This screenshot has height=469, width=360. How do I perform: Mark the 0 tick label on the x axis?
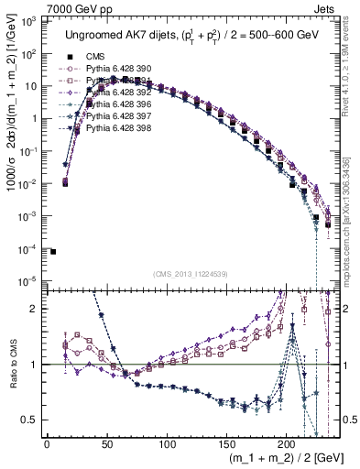pos(47,443)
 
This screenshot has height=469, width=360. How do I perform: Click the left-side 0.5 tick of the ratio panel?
pos(28,420)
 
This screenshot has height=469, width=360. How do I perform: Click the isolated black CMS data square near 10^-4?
pos(53,251)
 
